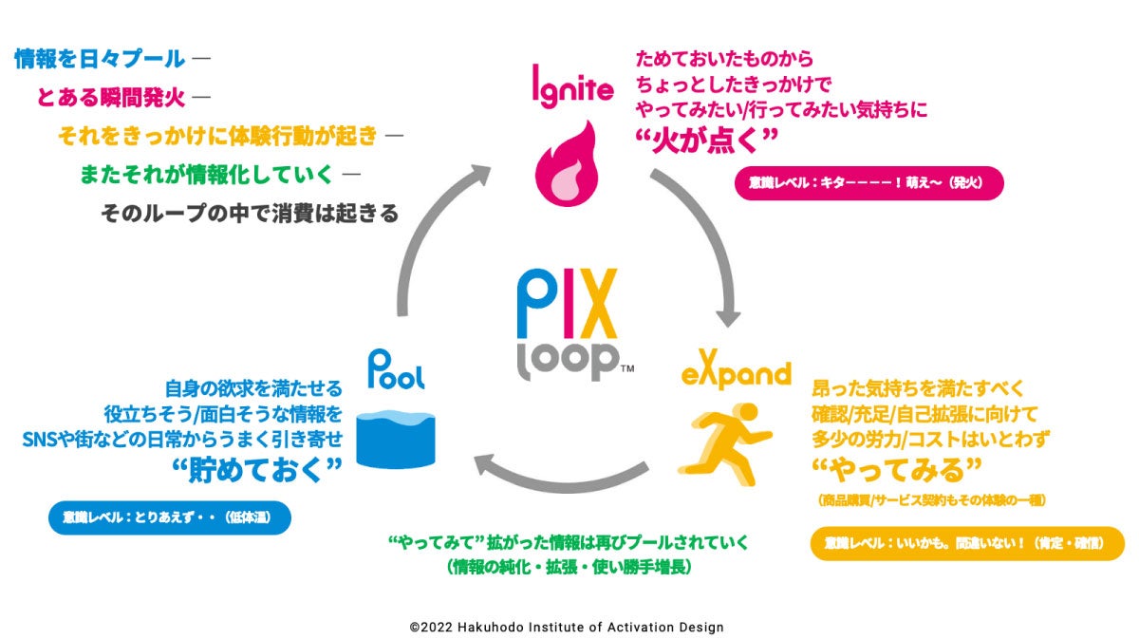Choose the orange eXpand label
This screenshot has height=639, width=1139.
coord(736,373)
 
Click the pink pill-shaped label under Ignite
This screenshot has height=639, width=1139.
coord(868,183)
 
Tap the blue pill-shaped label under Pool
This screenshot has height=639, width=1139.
coord(169,517)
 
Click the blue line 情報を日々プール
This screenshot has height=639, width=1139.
coord(100,59)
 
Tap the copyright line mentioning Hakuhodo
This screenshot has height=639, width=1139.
coord(567,627)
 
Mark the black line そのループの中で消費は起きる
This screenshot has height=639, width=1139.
coord(250,213)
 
